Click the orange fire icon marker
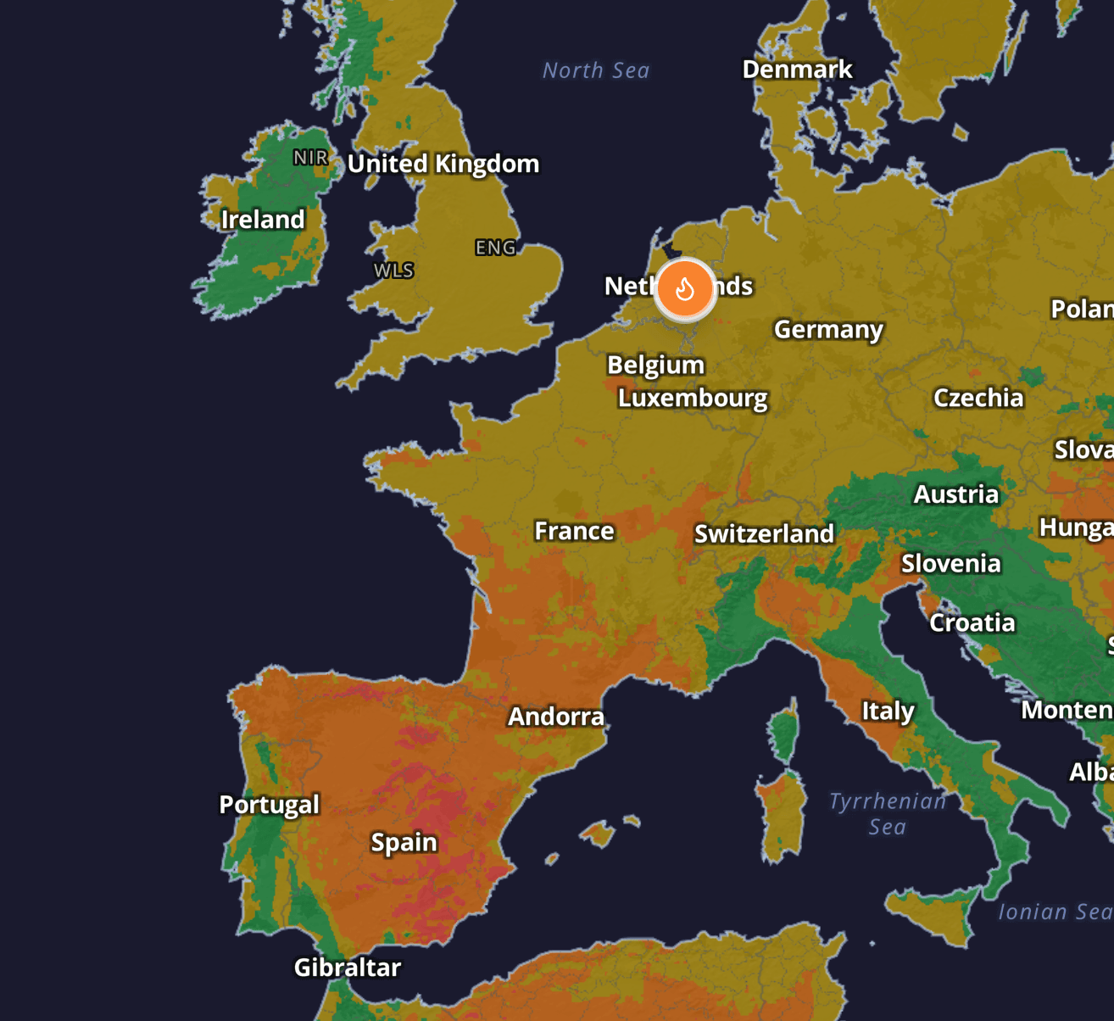[x=685, y=289]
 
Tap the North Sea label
[x=596, y=70]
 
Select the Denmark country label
[x=797, y=70]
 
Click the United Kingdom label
[x=443, y=164]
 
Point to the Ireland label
[x=263, y=220]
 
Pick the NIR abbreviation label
[x=310, y=158]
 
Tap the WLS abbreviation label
[x=394, y=271]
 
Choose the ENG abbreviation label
[x=496, y=248]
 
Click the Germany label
[x=828, y=329]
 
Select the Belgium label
[x=655, y=365]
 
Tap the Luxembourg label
[x=693, y=398]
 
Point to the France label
[x=574, y=531]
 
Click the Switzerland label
[x=764, y=533]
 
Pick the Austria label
[x=956, y=494]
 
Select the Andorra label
[x=556, y=717]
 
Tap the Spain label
[x=404, y=842]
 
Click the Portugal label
[x=270, y=804]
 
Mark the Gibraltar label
[x=348, y=968]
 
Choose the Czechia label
[x=978, y=398]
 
